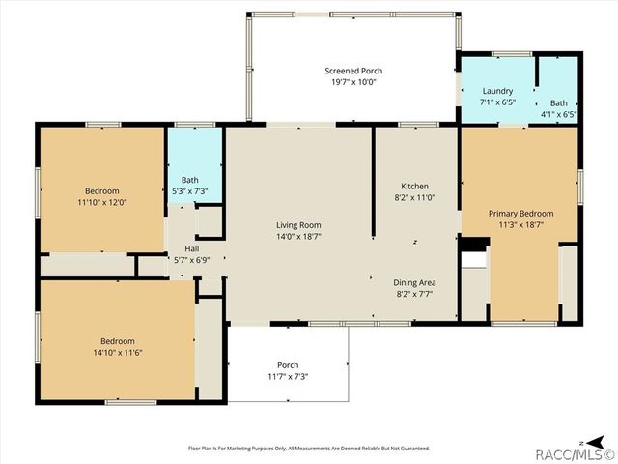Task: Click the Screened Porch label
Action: click(352, 71)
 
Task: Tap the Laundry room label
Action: click(497, 91)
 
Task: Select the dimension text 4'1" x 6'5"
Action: click(558, 114)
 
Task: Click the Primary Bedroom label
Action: click(520, 214)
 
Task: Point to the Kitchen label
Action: click(414, 187)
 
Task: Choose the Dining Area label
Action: click(414, 283)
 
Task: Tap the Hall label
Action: click(192, 248)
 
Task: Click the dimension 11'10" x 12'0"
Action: click(101, 202)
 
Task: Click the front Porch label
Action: click(288, 364)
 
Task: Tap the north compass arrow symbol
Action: click(586, 434)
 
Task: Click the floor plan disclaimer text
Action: click(308, 448)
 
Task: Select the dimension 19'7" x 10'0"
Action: click(352, 82)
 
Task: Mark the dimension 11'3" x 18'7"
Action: click(520, 225)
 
